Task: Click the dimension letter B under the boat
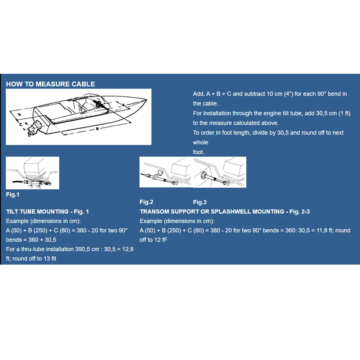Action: tap(97, 128)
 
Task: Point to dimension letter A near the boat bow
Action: tap(123, 104)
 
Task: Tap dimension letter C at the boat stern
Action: tap(21, 123)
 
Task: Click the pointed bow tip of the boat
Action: tap(146, 99)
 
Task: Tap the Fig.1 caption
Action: tap(13, 195)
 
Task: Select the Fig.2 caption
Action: tap(147, 202)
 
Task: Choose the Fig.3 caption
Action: tap(200, 202)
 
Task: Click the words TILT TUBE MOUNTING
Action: tap(37, 212)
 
